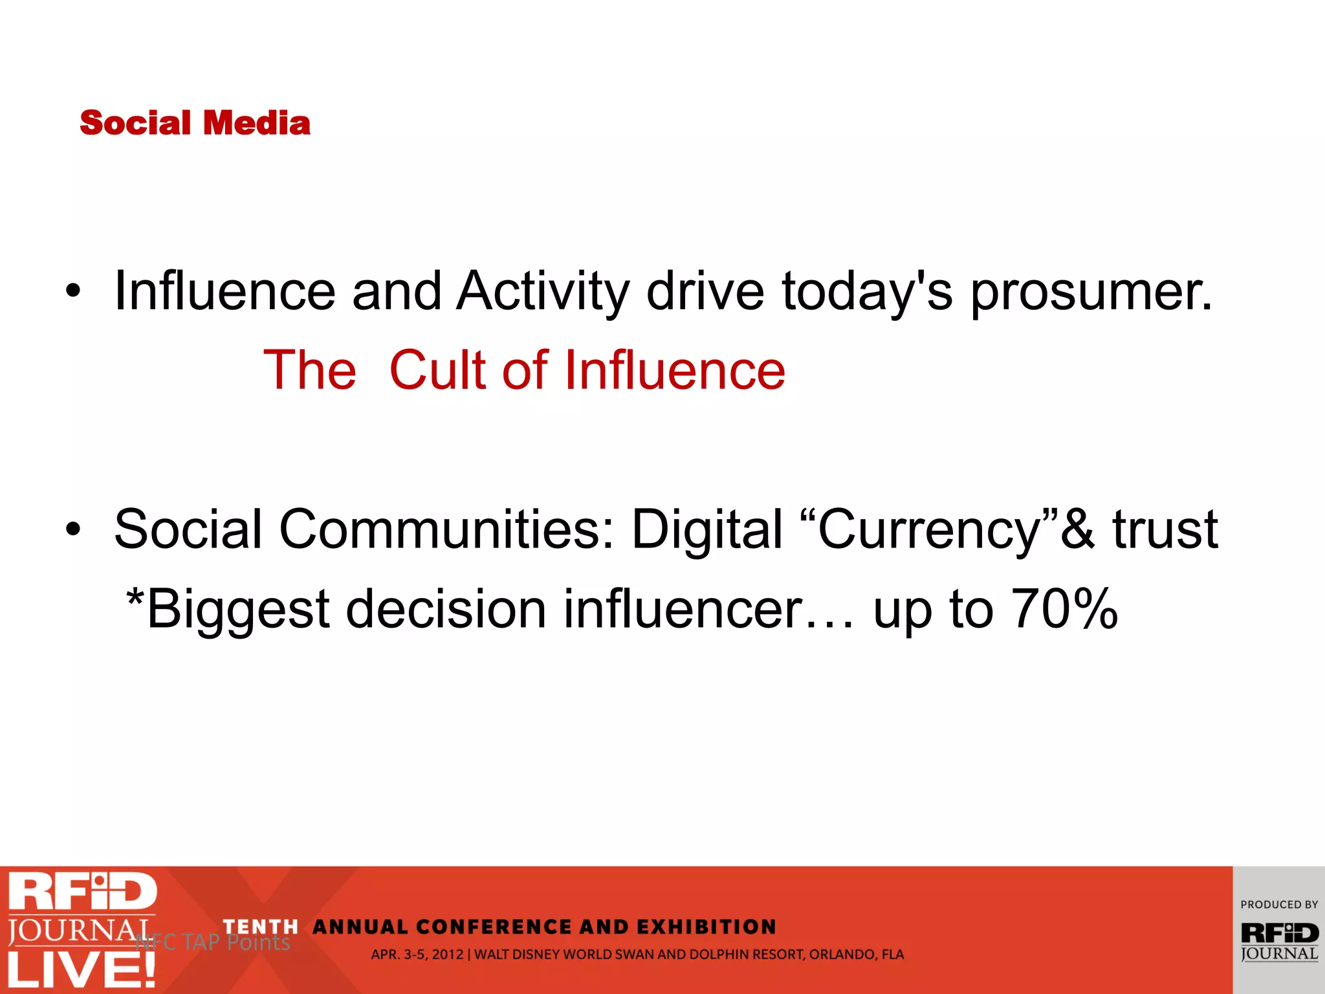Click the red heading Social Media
click(195, 123)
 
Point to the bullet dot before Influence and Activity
click(73, 293)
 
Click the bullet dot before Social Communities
click(73, 530)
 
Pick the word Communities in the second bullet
click(446, 530)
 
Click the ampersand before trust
click(1078, 530)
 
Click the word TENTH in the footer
click(260, 927)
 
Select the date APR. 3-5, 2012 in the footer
click(417, 955)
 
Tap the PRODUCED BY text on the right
click(1278, 905)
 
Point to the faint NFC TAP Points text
click(214, 942)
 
